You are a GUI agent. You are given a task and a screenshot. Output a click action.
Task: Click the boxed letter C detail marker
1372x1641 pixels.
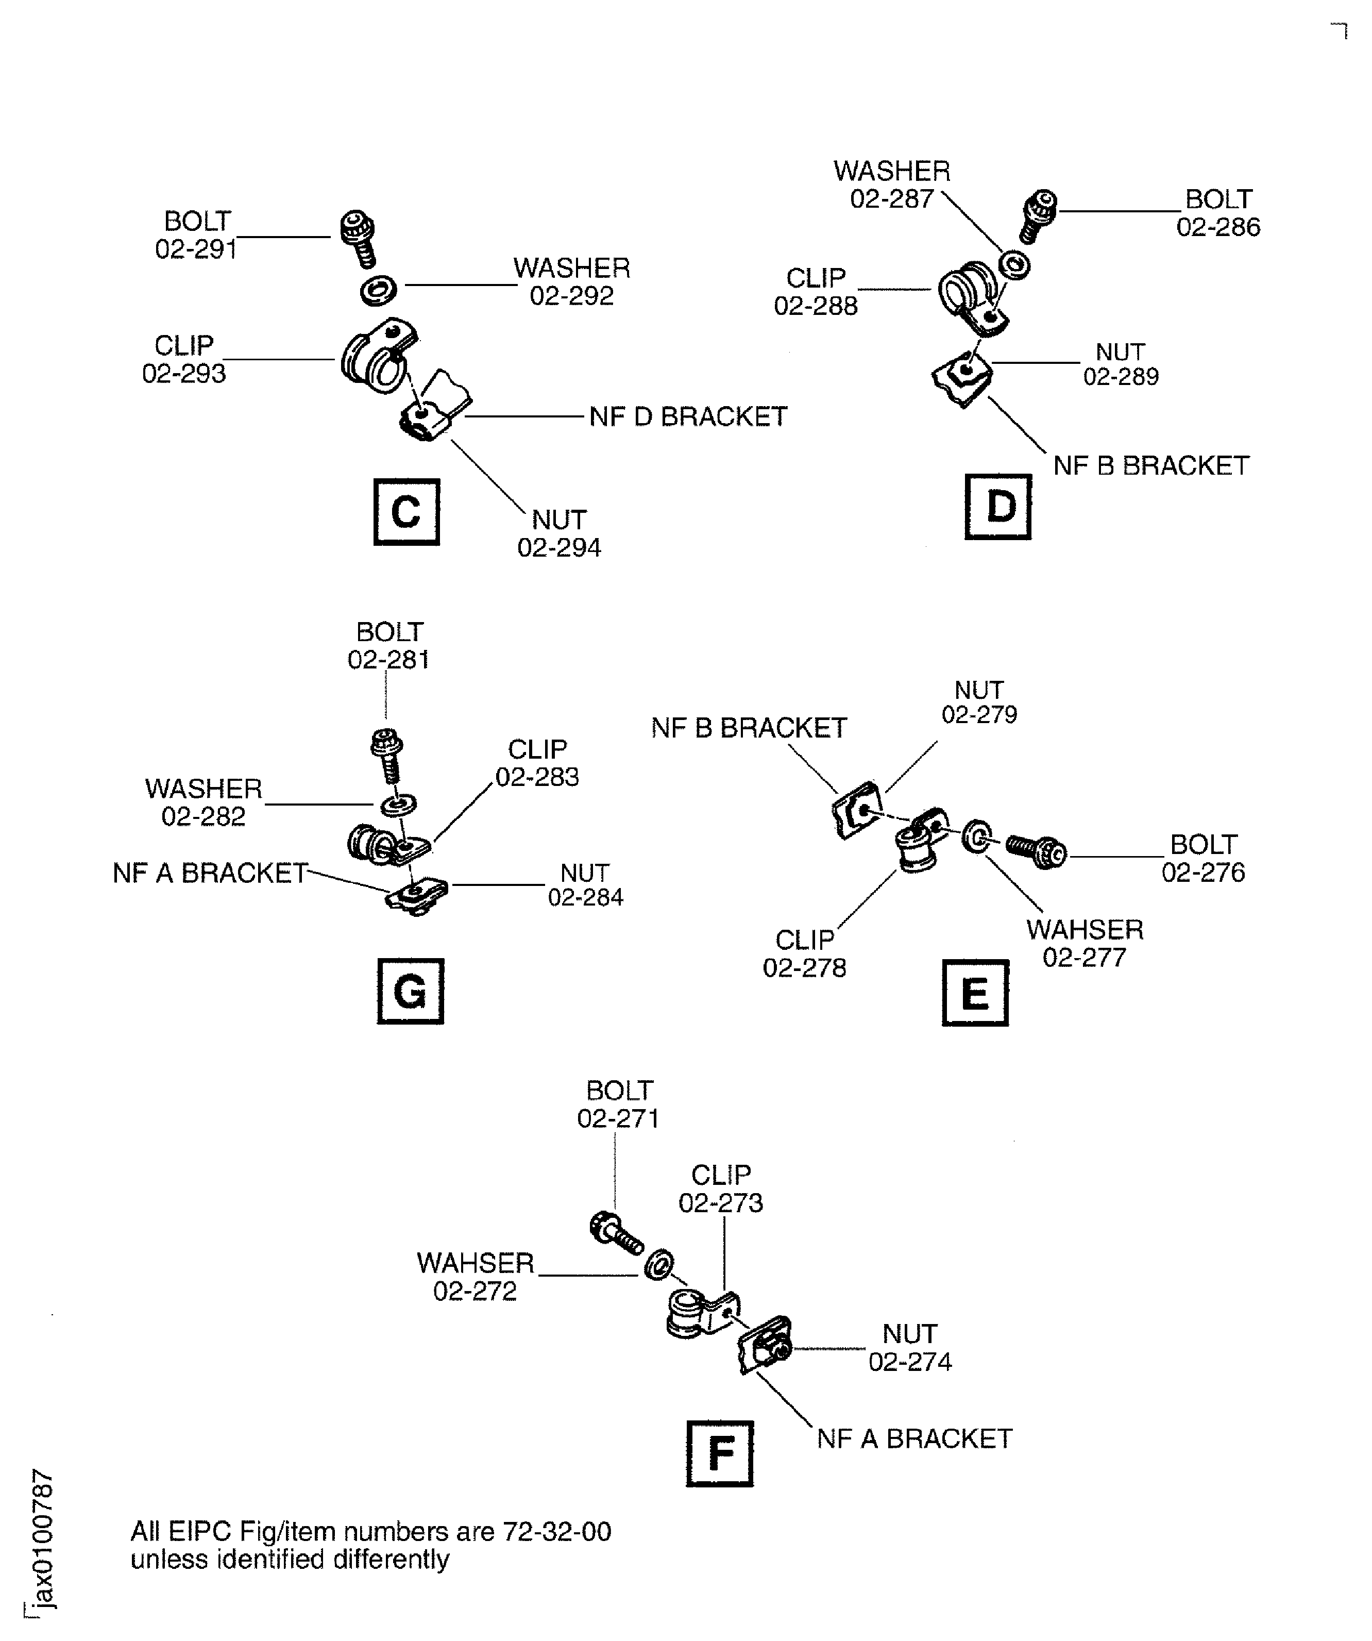(x=406, y=513)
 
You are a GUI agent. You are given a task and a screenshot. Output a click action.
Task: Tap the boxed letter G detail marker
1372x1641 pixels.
(x=410, y=992)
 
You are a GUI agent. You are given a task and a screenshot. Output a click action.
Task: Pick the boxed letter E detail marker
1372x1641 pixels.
(x=975, y=993)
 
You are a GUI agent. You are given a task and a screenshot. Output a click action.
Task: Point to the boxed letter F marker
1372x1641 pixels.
(x=720, y=1453)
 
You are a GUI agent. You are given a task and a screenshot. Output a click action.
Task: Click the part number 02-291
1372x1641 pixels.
(x=196, y=249)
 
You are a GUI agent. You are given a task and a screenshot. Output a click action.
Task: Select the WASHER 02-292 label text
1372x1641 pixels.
(x=572, y=282)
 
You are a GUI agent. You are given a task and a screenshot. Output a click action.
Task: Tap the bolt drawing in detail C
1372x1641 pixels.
(x=359, y=237)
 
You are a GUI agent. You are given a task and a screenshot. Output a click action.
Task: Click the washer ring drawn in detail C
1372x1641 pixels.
(x=378, y=291)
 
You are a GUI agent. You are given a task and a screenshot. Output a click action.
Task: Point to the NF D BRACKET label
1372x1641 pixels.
(x=688, y=417)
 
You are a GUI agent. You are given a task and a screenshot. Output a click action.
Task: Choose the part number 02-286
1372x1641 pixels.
(x=1218, y=227)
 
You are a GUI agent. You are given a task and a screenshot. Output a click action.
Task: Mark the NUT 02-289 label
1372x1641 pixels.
(x=1121, y=364)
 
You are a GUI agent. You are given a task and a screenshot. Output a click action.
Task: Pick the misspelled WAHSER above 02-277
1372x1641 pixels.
(x=1085, y=930)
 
